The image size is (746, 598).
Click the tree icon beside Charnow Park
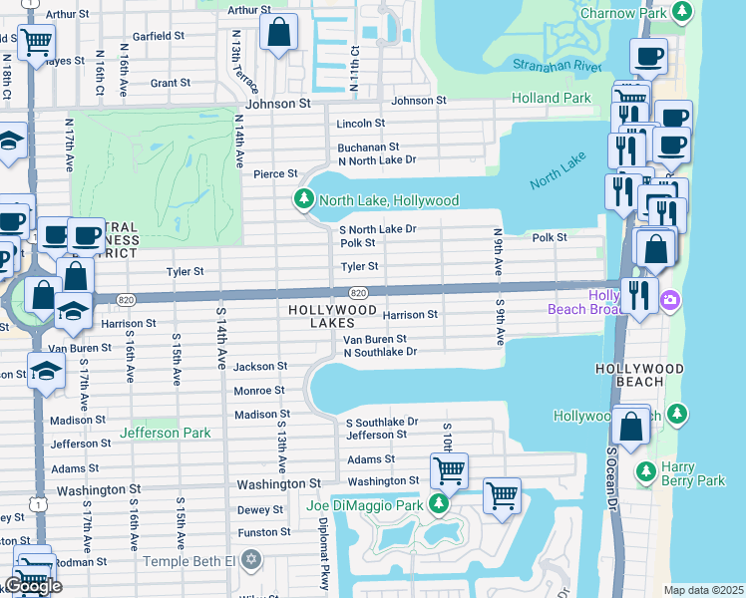pos(682,12)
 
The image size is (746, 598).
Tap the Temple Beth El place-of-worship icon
pos(250,560)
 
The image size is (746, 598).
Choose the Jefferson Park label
pos(166,433)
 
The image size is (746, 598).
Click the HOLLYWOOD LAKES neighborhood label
pos(332,316)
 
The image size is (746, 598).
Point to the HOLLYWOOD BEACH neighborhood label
pos(653,375)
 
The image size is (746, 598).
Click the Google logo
pos(33,586)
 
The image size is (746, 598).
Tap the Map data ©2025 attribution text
pos(704,590)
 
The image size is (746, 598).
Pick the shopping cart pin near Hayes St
pos(36,43)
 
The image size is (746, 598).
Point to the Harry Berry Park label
pos(694,473)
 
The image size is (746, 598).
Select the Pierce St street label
pos(275,173)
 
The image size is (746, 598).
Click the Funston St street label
pos(264,532)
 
